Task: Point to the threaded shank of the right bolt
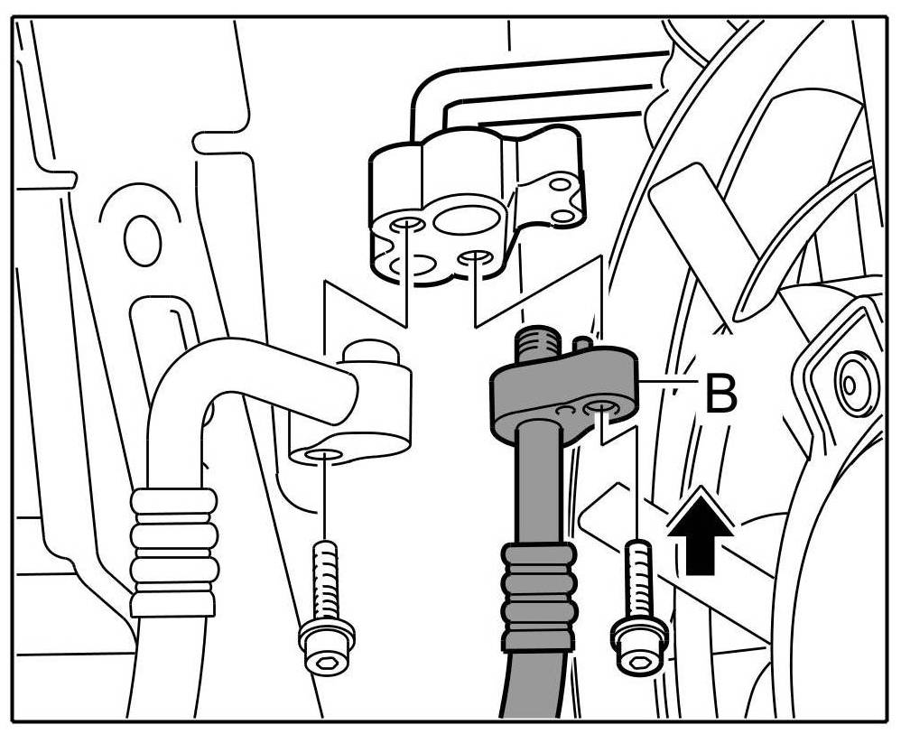[x=637, y=578]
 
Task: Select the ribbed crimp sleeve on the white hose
[x=175, y=551]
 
